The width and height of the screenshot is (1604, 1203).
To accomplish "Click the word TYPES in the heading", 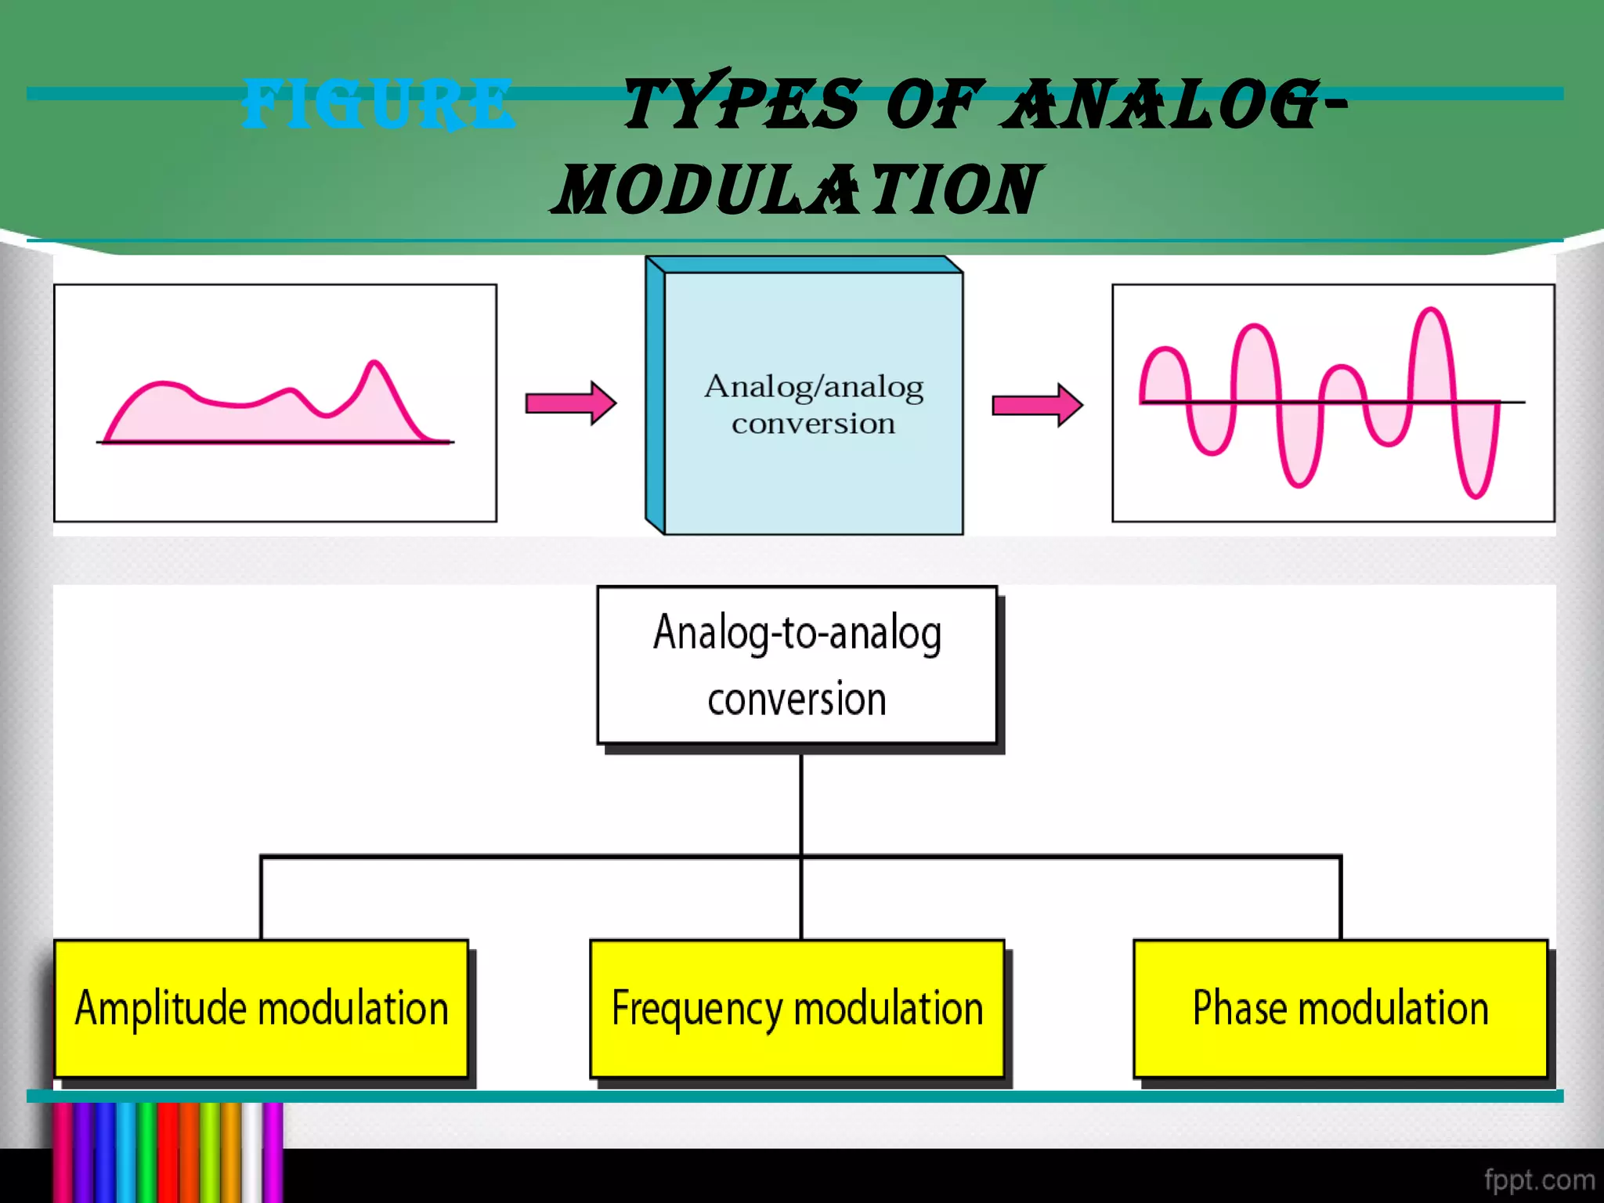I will pos(741,103).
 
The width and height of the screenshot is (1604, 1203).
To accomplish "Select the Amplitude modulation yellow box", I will pos(261,1009).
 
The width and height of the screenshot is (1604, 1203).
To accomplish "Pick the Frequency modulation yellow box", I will pos(797,1009).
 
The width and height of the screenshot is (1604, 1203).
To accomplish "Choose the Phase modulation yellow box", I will pos(1340,1009).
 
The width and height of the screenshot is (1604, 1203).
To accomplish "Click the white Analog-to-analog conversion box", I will pos(797,666).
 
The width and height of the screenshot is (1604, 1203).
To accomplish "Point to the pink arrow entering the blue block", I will pos(570,403).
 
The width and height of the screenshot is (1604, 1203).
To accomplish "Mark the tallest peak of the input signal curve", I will pos(374,363).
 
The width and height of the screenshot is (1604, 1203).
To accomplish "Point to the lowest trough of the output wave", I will pos(1476,496).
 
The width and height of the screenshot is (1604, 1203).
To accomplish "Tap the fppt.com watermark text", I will pos(1538,1180).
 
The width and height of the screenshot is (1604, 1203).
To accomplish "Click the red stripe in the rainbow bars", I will pos(168,1151).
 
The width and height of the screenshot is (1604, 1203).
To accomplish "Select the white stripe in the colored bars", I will pos(251,1151).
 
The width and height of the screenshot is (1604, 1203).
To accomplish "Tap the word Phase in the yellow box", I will pos(1238,1008).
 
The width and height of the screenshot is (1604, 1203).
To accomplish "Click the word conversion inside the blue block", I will pos(813,424).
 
